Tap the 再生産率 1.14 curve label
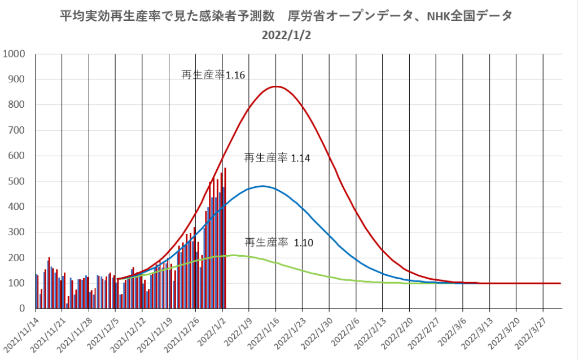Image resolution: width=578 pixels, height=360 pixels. click(277, 158)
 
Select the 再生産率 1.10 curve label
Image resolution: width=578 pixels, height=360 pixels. click(278, 243)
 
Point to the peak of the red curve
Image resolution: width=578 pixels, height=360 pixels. click(275, 86)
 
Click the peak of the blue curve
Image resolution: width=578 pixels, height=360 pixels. click(262, 186)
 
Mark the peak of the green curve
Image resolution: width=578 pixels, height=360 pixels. click(231, 255)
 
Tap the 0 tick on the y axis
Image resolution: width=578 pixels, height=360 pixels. click(23, 309)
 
